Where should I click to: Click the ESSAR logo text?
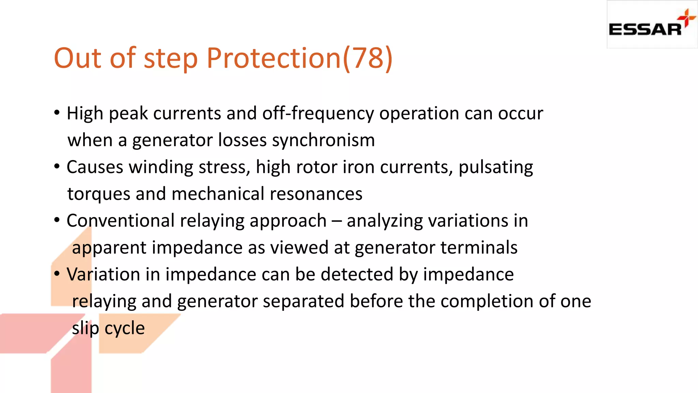coord(645,29)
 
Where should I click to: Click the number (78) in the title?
coord(368,58)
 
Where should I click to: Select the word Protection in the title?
coord(274,58)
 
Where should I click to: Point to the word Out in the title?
coord(78,58)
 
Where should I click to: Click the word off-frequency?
coord(318,113)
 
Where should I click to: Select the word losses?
coord(242,140)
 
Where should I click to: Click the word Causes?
coord(95,167)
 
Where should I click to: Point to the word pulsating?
coord(496,167)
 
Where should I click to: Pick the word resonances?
coord(316,194)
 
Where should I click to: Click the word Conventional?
coord(121,221)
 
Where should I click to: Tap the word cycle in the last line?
coord(124,328)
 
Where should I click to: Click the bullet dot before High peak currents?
coord(57,112)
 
